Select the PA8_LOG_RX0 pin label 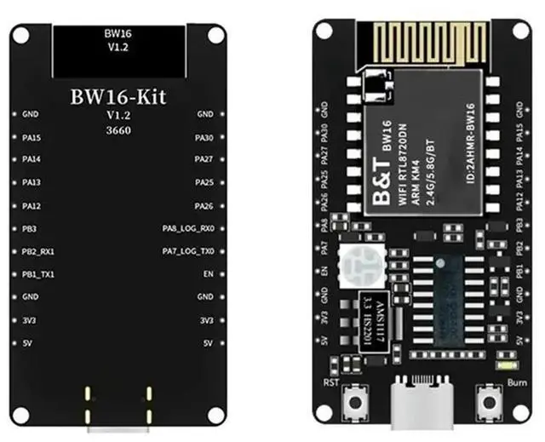click(x=188, y=229)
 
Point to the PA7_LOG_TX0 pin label click(x=188, y=251)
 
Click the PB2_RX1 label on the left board click(x=38, y=252)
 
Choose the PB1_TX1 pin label click(x=38, y=274)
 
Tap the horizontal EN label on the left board click(x=207, y=274)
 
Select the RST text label click(x=332, y=383)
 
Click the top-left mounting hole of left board click(x=20, y=34)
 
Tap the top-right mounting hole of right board click(x=519, y=30)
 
